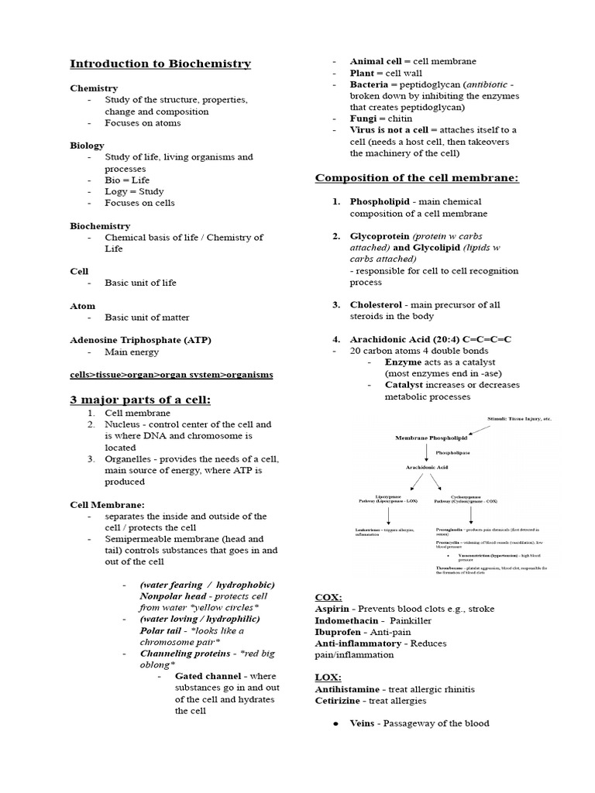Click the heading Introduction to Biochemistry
coord(160,64)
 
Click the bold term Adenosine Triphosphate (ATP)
coord(140,340)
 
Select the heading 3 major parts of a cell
coord(140,400)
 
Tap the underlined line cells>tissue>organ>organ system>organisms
coord(171,374)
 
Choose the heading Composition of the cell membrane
coord(416,179)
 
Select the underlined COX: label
coord(328,598)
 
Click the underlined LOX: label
coord(328,678)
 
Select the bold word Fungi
coord(365,118)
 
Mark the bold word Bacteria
coord(372,84)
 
